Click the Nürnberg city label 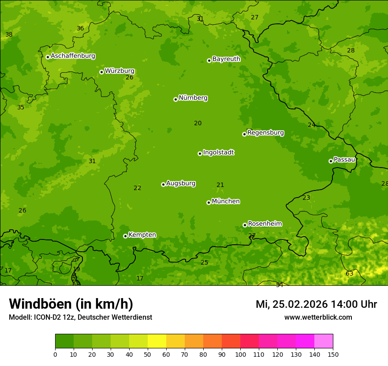tap(193, 98)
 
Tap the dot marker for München tap(209, 202)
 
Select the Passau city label tap(344, 160)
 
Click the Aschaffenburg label tap(73, 56)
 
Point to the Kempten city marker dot tap(125, 236)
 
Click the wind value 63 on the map tap(349, 273)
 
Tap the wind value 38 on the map tap(9, 34)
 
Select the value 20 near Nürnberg tap(198, 123)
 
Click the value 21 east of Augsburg tap(220, 185)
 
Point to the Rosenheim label tap(265, 224)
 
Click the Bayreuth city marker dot tap(209, 60)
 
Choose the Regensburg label tap(265, 133)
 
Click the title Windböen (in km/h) tap(71, 304)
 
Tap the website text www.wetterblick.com tap(318, 317)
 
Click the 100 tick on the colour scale tap(240, 354)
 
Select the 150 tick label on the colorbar tap(333, 354)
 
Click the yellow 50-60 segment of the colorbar tap(157, 341)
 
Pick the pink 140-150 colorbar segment tap(324, 341)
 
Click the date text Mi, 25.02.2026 tap(291, 304)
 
